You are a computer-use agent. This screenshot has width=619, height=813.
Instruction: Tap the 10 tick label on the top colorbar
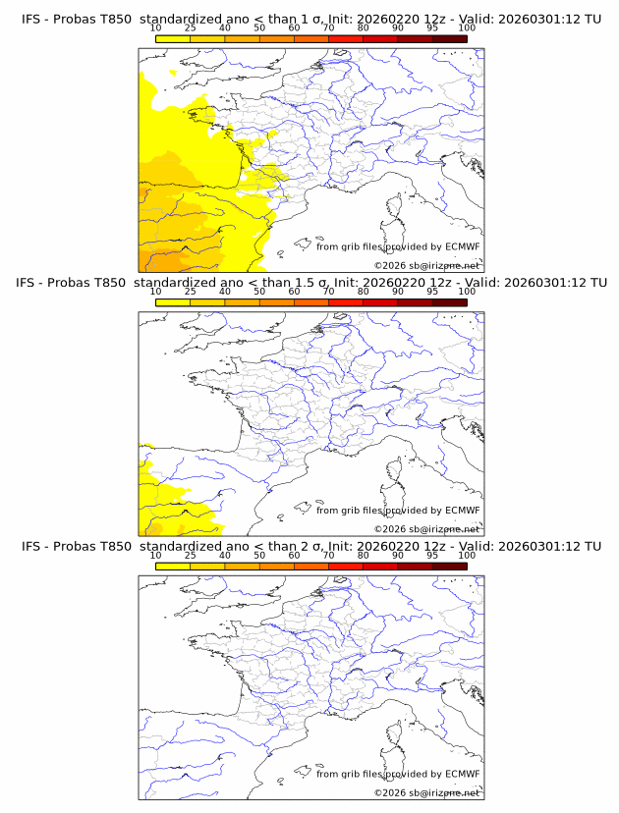155,27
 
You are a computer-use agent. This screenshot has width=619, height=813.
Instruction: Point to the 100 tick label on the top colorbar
467,27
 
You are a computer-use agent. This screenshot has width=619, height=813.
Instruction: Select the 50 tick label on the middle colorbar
259,292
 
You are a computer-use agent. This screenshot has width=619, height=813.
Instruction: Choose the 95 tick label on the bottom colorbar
432,555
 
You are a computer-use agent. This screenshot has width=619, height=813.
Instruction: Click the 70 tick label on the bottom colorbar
328,555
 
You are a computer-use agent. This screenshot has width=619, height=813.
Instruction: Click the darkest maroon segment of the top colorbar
449,38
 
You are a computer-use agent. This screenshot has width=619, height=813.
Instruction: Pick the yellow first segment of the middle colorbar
172,302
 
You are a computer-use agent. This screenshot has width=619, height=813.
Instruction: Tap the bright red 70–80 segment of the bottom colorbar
345,566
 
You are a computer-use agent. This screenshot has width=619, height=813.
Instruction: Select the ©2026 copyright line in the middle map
426,528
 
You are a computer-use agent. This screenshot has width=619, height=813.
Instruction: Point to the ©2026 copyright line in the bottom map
426,792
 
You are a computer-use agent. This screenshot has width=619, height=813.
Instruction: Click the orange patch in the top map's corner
153,262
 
